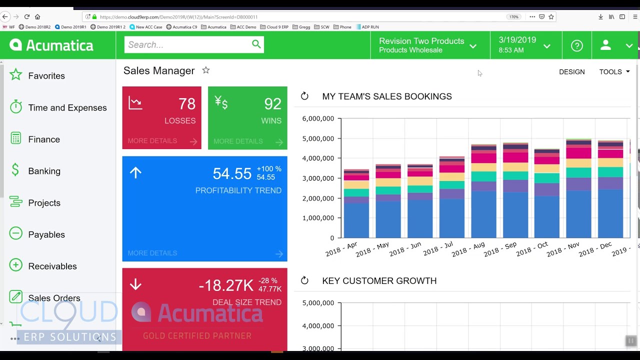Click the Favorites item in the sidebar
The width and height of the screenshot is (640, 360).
(46, 76)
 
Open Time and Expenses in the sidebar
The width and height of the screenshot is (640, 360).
(67, 107)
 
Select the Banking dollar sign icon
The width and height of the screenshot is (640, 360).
(15, 170)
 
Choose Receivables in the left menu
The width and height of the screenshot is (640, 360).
(52, 266)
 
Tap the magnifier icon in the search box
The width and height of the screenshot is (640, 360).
(256, 44)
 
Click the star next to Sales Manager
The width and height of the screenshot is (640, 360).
(206, 70)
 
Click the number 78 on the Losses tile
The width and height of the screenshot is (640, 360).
(186, 104)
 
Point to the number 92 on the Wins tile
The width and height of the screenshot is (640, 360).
(272, 104)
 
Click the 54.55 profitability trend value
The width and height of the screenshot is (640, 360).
(231, 173)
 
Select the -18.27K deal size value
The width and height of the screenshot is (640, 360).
(226, 285)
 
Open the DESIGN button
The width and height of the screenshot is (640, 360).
(571, 72)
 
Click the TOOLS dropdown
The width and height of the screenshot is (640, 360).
(614, 72)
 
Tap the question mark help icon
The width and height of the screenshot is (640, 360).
(577, 45)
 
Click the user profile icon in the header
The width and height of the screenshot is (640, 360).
(605, 45)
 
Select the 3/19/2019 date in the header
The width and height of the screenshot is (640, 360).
(517, 40)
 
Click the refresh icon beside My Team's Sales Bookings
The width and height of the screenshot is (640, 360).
(304, 96)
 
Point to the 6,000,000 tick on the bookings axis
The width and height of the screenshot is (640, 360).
(318, 119)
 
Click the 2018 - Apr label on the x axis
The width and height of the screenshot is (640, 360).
(341, 249)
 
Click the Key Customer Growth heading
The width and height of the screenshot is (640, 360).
(379, 281)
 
